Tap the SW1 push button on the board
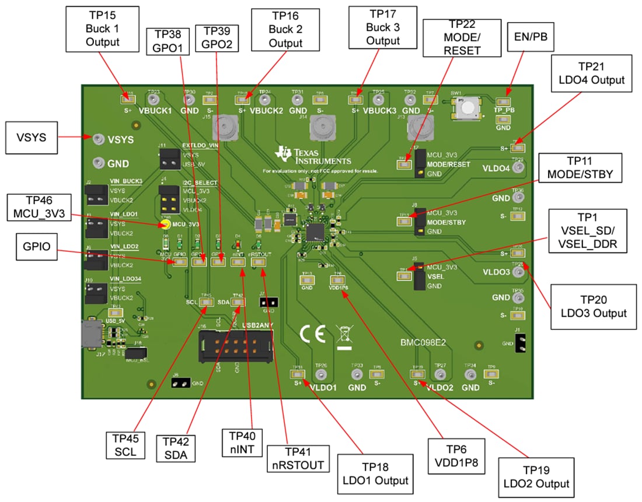[x=468, y=107]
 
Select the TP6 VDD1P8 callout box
[x=455, y=457]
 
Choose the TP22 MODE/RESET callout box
[x=461, y=37]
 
